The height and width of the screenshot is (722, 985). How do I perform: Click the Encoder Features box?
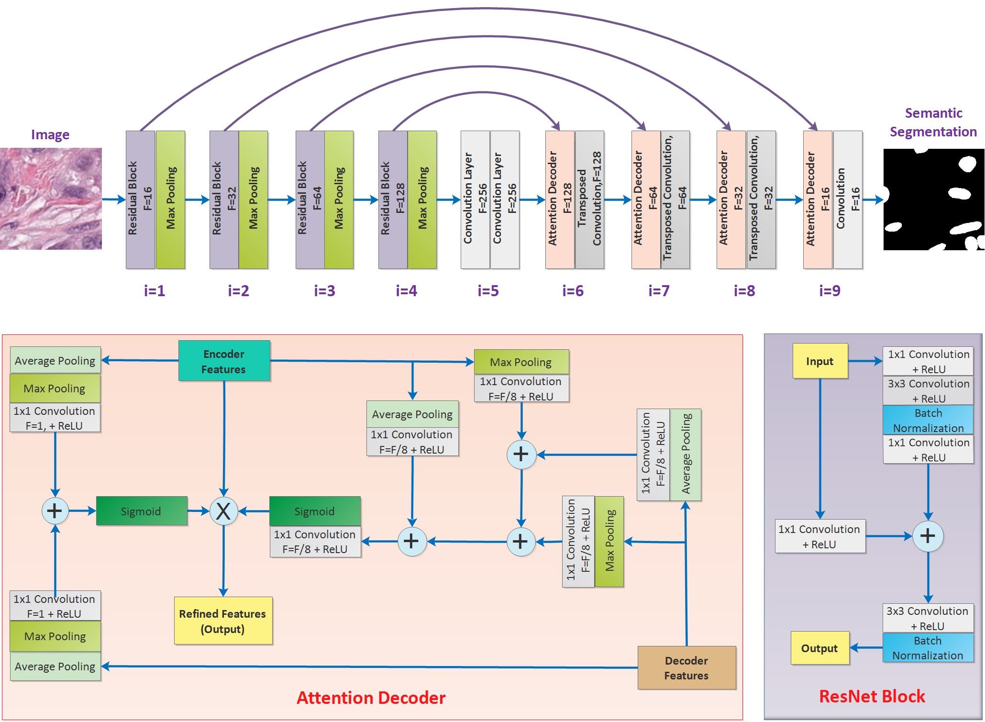coord(224,361)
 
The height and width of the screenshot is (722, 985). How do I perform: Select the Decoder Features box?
coord(686,667)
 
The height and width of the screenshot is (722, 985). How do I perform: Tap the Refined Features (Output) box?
coord(223,621)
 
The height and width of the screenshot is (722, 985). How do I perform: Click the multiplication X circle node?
coord(223,511)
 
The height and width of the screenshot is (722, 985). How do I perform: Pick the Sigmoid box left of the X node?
coord(141,511)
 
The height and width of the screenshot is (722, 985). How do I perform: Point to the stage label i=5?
coord(488,290)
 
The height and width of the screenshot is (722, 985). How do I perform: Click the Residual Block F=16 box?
coord(140,199)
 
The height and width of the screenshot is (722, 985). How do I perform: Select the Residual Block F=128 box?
coord(392,199)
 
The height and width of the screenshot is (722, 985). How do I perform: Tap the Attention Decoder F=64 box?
coord(645,199)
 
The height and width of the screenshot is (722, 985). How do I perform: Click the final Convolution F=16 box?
coord(847,199)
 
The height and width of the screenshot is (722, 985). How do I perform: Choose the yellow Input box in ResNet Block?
coord(819,361)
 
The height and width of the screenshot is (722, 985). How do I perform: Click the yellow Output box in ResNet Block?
coord(819,648)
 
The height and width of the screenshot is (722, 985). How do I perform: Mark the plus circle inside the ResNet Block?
coord(927,536)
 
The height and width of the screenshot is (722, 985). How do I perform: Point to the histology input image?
coord(51,199)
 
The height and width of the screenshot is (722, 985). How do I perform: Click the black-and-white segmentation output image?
coord(933,199)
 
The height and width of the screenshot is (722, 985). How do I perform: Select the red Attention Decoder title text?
coord(371,698)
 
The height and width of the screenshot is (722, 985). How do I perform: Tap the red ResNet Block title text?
coord(872,696)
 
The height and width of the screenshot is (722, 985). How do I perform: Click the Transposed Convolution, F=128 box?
coord(589,199)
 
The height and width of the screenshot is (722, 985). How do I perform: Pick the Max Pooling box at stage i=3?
coord(339,199)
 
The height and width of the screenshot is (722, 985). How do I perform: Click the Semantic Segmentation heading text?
coord(933,122)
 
